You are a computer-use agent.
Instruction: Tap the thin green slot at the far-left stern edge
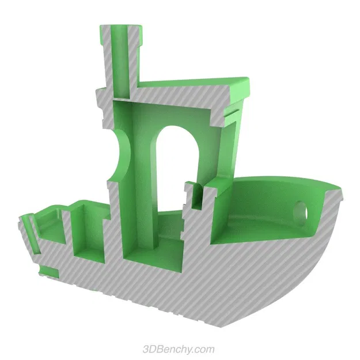pyautogui.click(x=26, y=230)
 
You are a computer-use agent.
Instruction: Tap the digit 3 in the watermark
pyautogui.click(x=146, y=349)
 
